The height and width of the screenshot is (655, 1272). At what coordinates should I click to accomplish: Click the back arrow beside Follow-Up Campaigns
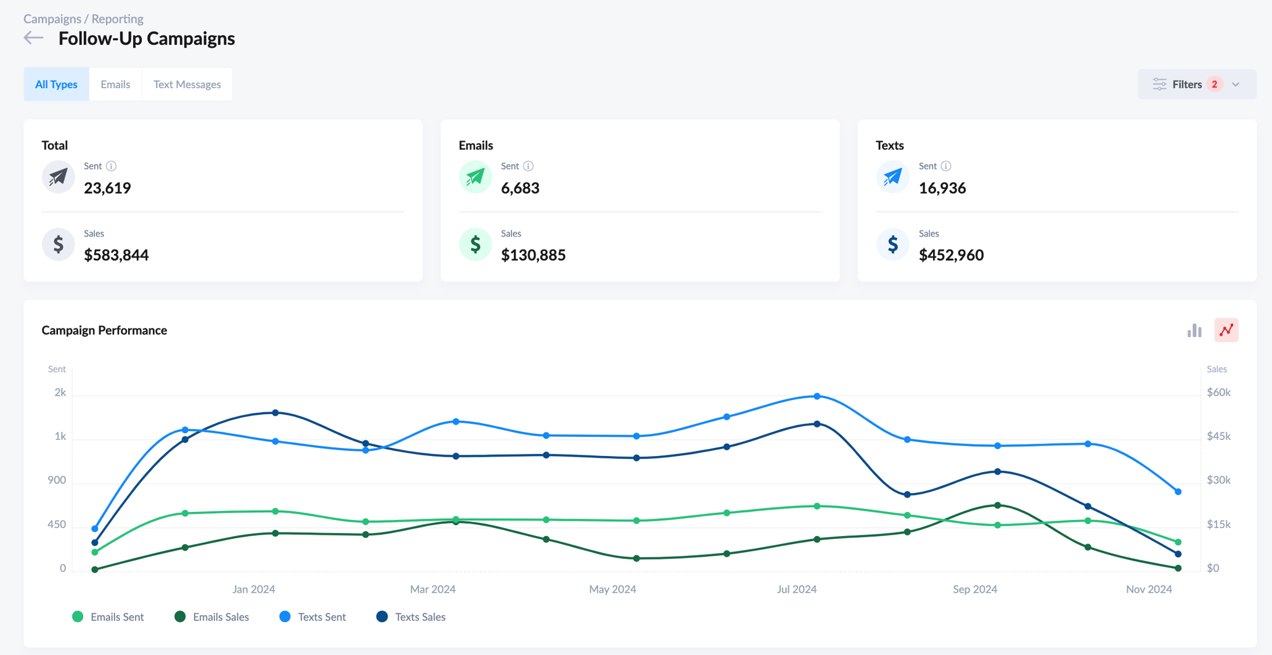(x=34, y=38)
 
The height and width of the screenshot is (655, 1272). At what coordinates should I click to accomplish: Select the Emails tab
(x=115, y=84)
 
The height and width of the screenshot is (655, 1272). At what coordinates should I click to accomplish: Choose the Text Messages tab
(x=187, y=84)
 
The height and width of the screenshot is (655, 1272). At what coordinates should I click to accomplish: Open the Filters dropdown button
(x=1196, y=84)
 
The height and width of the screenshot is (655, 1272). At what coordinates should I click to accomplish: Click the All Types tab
(x=56, y=84)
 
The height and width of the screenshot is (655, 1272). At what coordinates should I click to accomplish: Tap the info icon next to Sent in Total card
(x=111, y=166)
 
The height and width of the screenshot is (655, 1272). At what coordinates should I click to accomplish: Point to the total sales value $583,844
(x=116, y=254)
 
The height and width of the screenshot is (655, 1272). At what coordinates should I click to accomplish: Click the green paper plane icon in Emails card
(x=475, y=177)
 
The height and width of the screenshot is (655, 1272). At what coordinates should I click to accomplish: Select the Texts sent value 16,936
(x=942, y=188)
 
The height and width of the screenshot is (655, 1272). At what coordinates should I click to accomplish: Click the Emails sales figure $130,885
(x=533, y=254)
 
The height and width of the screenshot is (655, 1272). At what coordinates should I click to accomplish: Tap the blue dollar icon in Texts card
(x=892, y=245)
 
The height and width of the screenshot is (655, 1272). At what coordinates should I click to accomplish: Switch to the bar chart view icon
(x=1194, y=330)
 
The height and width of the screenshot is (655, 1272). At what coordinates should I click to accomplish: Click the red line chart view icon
(x=1226, y=330)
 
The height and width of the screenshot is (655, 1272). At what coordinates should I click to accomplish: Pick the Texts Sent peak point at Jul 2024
(x=817, y=396)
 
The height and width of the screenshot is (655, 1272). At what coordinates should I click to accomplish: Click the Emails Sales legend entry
(x=213, y=617)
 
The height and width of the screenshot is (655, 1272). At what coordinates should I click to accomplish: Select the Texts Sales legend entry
(x=411, y=617)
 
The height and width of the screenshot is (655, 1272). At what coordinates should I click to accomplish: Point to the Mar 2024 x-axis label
(x=433, y=589)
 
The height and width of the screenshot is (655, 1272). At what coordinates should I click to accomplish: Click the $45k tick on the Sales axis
(x=1218, y=436)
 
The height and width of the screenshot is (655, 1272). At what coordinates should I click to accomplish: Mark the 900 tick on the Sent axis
(x=57, y=480)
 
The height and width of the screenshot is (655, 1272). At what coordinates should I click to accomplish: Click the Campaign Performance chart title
(x=104, y=330)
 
